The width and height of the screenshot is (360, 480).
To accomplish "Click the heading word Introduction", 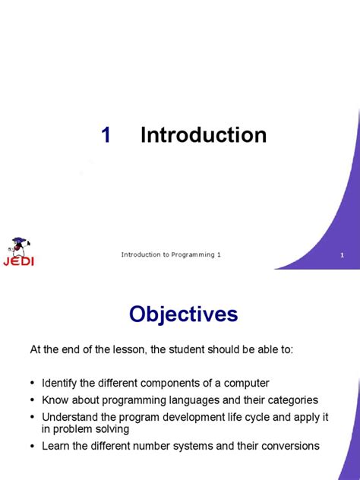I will click(204, 135).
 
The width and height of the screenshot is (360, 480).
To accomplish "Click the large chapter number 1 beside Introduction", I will click(106, 135).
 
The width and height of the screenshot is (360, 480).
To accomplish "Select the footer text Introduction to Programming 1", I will click(171, 254).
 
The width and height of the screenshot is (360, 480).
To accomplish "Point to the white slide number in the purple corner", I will click(343, 255).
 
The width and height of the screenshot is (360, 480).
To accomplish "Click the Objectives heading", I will click(183, 314).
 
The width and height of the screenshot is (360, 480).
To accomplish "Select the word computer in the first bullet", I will click(247, 383).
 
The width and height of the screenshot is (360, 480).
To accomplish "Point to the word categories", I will click(292, 399).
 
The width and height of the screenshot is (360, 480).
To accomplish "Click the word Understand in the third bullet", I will click(71, 416).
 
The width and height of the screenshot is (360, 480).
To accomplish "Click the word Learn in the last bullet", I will click(57, 446).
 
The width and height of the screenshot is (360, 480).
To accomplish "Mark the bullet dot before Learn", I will click(33, 447).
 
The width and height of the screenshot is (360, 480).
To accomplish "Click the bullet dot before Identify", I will click(33, 384).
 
